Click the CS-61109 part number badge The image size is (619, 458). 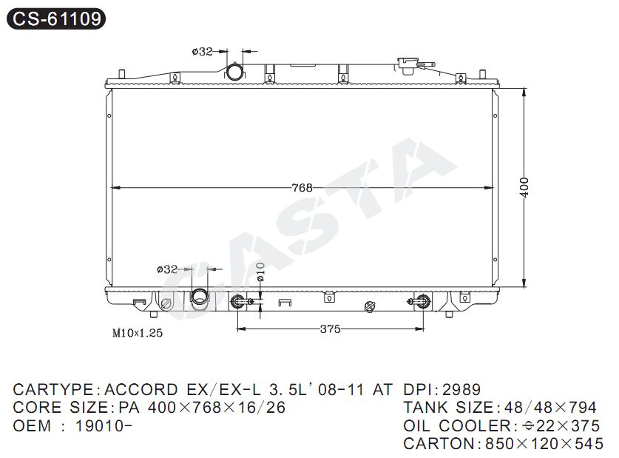coord(56,18)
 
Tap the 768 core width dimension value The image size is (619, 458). coord(302,187)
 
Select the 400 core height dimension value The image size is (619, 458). coord(524,187)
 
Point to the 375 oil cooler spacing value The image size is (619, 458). coord(330,329)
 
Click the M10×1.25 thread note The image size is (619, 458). coord(138,333)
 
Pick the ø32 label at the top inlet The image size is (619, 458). coord(203,51)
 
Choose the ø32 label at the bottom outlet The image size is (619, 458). coord(167,269)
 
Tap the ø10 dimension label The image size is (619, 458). coord(260,272)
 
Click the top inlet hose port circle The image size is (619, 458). coord(235,73)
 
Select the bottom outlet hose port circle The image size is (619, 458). coord(200,297)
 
